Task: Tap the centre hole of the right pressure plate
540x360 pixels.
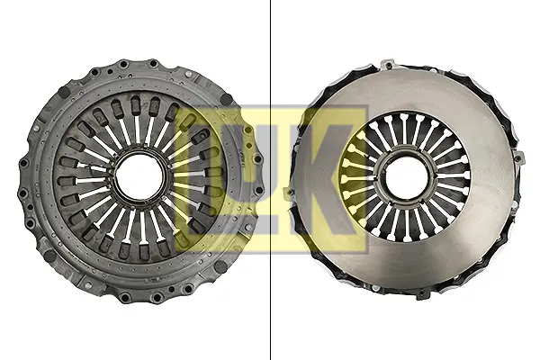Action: (x=407, y=176)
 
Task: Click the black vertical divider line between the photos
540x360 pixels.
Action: (x=270, y=180)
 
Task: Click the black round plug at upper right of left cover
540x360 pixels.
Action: (x=226, y=99)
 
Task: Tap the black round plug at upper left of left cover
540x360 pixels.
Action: (x=64, y=91)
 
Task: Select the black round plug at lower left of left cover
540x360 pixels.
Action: (x=50, y=256)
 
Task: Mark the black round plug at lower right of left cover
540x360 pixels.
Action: (x=220, y=265)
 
